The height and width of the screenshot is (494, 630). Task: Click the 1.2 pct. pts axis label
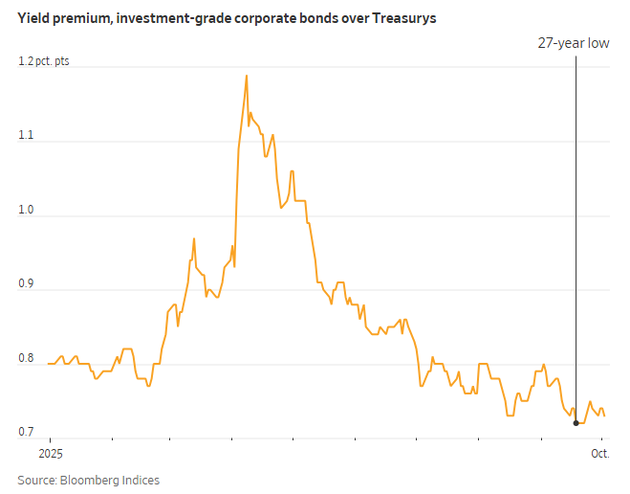tap(44, 62)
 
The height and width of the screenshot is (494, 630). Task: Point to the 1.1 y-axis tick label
tap(26, 136)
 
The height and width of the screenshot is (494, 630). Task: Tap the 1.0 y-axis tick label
tap(26, 211)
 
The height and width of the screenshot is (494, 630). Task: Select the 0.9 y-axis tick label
tap(26, 284)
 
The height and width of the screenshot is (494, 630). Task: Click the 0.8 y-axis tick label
tap(26, 360)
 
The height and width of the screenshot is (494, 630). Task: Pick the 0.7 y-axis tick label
tap(26, 433)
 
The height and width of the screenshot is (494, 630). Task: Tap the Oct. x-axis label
tap(600, 453)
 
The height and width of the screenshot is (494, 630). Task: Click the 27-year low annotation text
tap(573, 43)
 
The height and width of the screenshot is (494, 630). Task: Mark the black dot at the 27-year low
tap(576, 422)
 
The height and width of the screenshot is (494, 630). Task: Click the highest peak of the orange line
tap(247, 76)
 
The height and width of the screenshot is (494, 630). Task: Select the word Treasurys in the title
tap(405, 18)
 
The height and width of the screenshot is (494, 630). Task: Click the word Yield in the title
tap(35, 18)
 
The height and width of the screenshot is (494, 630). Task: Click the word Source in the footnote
tap(37, 480)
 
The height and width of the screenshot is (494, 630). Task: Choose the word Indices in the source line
tap(141, 480)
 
